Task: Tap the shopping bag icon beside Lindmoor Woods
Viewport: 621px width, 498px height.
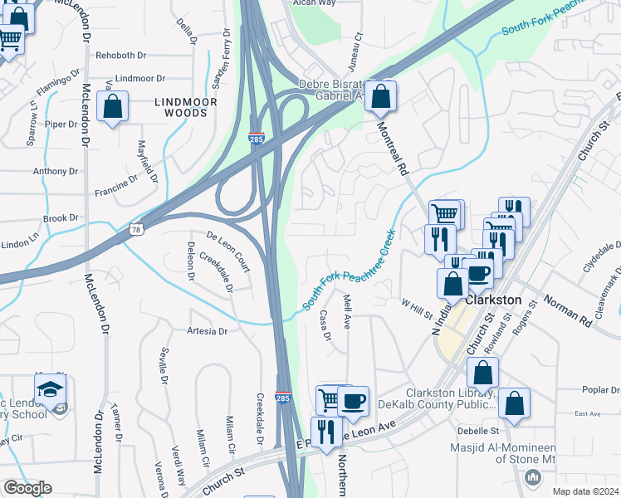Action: coord(112,107)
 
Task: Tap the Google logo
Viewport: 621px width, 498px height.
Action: coord(27,488)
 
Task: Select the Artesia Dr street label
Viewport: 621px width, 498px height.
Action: coord(207,331)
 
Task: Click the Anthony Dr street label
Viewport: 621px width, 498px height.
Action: coord(55,172)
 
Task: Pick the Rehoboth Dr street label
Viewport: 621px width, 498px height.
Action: coord(120,56)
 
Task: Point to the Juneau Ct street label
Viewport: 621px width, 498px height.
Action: coord(359,47)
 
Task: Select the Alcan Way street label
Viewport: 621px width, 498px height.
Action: coord(313,3)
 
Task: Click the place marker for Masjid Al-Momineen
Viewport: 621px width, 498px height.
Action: coord(532,477)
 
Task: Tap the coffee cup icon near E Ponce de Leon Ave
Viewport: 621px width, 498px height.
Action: coord(353,401)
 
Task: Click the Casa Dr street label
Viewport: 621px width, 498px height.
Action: coord(325,325)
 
